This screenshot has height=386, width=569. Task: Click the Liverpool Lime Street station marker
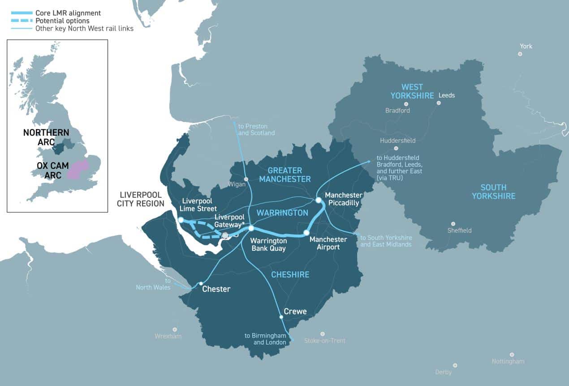point(181,220)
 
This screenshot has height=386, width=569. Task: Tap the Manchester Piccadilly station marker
point(318,200)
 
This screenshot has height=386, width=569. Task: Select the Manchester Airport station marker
point(306,233)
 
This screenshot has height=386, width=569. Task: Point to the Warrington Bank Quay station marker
point(251,228)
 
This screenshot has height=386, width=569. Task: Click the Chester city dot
point(201,283)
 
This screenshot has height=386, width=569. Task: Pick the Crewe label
point(295,312)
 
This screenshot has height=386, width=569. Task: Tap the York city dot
point(520,54)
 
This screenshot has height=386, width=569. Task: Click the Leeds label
point(446,95)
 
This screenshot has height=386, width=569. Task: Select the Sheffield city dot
point(453,223)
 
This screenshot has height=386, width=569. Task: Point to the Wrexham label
point(168,336)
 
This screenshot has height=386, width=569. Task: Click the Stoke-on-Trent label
point(325,341)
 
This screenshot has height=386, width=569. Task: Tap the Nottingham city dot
point(512,354)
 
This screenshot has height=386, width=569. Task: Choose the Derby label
point(443,372)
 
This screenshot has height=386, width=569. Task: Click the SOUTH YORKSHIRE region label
point(493,192)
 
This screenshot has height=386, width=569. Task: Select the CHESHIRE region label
point(290,274)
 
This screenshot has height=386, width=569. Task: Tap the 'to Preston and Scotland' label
point(256,130)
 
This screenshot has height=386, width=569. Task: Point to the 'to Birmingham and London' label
point(265,339)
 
